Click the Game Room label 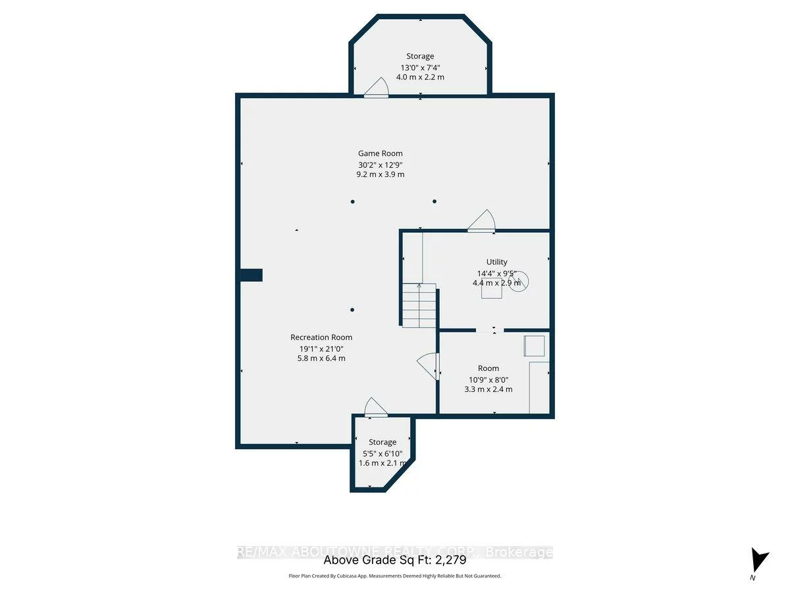[x=380, y=153]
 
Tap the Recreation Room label [x=321, y=337]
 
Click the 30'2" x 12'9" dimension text [x=380, y=164]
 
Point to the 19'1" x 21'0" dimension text [x=321, y=348]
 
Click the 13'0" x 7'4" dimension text [x=419, y=67]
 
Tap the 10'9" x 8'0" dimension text [x=488, y=379]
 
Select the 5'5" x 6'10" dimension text [x=382, y=453]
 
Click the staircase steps [x=419, y=305]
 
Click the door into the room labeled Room [x=429, y=366]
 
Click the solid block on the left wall [x=251, y=275]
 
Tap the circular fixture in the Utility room [x=519, y=282]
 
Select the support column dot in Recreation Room [x=352, y=310]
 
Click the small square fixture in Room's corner [x=534, y=346]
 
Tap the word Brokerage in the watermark [x=519, y=553]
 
